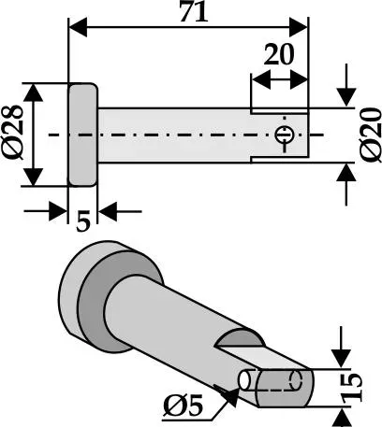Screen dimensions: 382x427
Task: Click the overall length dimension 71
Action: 194,12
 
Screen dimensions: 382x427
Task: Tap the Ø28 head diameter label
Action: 13,133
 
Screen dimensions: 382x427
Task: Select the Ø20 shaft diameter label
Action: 371,135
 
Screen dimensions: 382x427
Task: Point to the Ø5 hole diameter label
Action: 184,406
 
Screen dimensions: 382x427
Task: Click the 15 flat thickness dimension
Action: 352,387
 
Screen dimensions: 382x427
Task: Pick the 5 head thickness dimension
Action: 83,221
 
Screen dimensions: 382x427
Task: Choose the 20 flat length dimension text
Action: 279,54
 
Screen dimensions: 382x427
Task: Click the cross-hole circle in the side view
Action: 284,135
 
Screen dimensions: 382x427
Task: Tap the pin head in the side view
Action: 82,135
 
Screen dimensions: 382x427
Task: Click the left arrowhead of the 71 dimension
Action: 78,27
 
